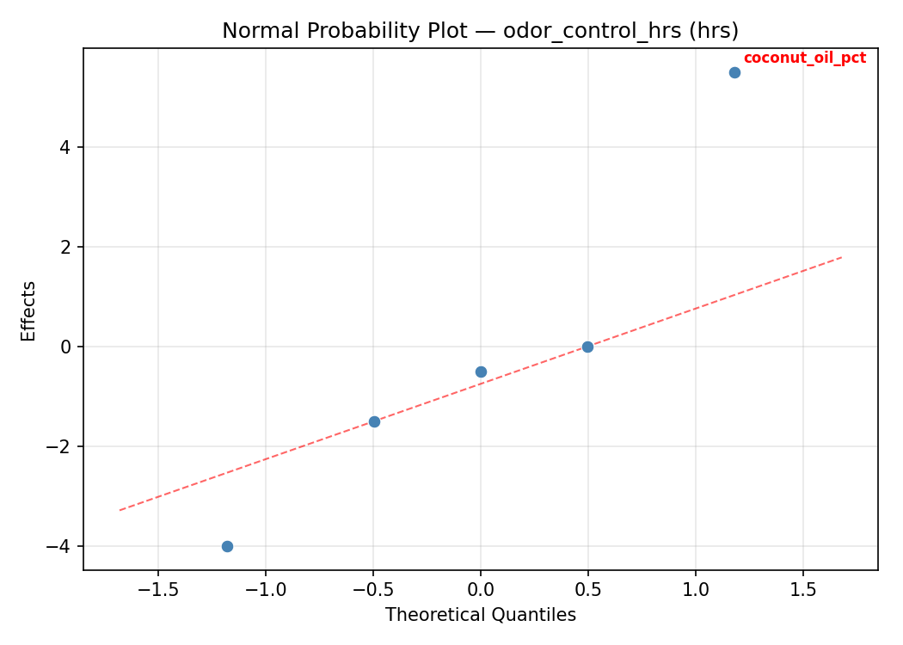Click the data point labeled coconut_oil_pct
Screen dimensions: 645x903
coord(734,72)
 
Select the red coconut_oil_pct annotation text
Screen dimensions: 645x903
coord(804,58)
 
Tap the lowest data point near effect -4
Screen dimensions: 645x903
coord(227,546)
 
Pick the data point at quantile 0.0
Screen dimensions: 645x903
coord(481,372)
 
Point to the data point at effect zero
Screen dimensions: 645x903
coord(587,347)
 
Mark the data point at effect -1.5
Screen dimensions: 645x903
coord(374,421)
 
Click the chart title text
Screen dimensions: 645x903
coord(480,31)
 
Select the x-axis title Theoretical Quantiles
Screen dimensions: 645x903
coord(480,615)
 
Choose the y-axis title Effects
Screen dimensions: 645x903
coord(29,310)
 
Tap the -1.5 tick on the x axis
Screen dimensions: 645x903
coord(158,589)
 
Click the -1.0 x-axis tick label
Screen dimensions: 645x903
coord(266,589)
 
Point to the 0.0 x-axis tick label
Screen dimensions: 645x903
coord(481,589)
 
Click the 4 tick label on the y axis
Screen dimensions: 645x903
coord(66,147)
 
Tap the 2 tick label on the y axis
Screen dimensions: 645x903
coord(66,247)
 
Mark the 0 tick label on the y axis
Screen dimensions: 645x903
coord(66,347)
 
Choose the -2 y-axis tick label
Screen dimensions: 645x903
coord(62,446)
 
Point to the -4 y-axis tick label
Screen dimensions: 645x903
coord(62,546)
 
